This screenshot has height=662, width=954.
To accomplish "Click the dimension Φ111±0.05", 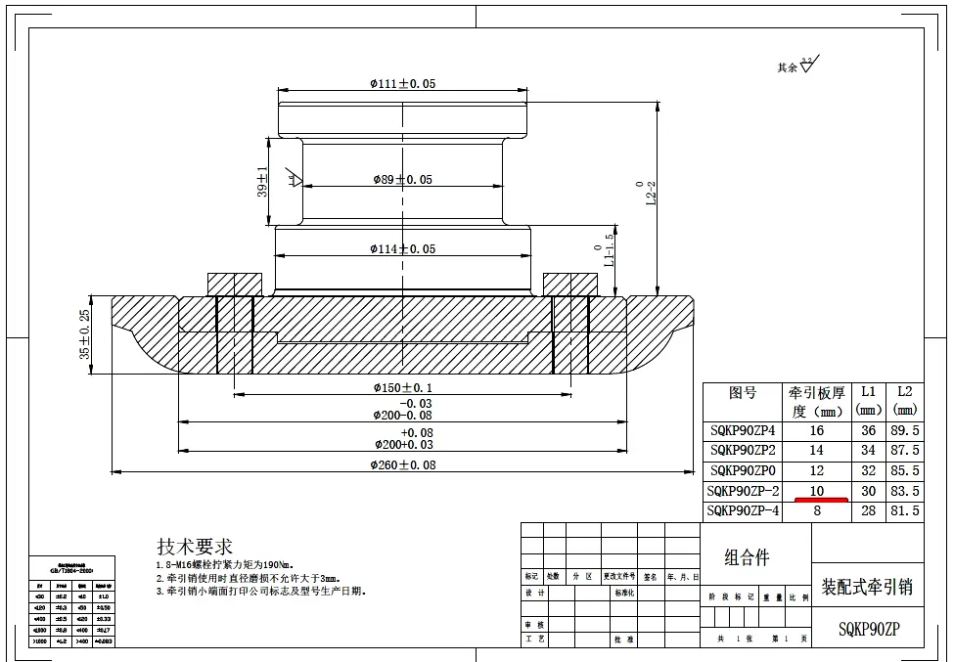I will coord(402,84).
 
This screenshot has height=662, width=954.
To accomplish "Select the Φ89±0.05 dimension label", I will coord(402,180).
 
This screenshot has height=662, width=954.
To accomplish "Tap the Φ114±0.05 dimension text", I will coord(402,249).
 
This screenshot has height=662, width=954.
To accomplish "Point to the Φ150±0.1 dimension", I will coord(402,387).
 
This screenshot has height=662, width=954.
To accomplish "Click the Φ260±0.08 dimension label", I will coord(402,465).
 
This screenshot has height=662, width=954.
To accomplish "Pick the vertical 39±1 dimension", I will coord(262,181).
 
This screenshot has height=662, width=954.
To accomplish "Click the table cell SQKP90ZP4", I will coord(743,430).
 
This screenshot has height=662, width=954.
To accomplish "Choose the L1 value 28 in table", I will coord(868,511).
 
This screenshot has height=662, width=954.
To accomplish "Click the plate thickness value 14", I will coord(816,451).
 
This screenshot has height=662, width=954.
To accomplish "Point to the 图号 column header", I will coord(743,393).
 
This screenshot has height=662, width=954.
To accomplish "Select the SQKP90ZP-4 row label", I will coord(743,511).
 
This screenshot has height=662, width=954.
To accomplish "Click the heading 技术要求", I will coord(196,547).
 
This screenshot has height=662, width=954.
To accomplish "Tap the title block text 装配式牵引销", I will coord(867,587).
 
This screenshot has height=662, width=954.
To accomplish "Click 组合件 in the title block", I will coord(747,558).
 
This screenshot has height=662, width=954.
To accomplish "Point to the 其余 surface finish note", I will coord(788,67).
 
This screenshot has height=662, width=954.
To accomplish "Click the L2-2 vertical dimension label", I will coord(651,191).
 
